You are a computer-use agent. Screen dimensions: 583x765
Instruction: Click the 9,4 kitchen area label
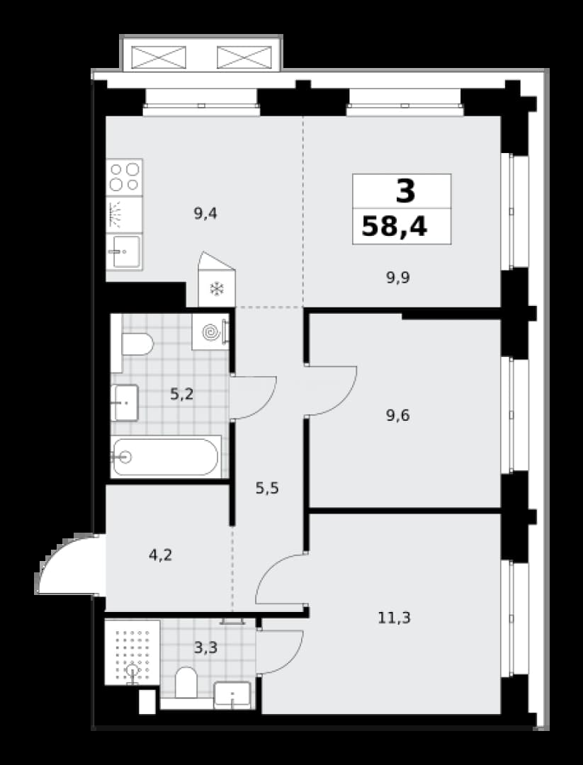click(x=205, y=214)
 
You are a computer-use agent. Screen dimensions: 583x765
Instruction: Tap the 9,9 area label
click(x=398, y=278)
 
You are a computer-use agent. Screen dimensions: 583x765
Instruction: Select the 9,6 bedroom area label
click(x=398, y=416)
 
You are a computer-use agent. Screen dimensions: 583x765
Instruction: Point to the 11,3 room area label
click(x=394, y=618)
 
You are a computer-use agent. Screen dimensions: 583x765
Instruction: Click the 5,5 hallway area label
click(x=267, y=487)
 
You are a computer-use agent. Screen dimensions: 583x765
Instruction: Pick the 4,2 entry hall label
click(x=161, y=555)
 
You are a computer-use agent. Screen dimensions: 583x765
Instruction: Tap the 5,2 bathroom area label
click(x=182, y=394)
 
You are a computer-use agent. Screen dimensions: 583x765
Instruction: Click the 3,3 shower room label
click(x=205, y=648)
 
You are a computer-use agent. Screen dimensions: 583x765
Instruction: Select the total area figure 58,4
click(x=394, y=227)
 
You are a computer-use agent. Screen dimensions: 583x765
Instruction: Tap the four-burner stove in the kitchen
click(x=125, y=177)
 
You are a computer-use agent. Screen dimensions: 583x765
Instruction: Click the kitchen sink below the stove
click(x=125, y=251)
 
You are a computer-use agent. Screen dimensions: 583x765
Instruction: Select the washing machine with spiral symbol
click(x=211, y=331)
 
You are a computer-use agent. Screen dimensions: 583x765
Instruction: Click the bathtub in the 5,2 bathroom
click(x=165, y=457)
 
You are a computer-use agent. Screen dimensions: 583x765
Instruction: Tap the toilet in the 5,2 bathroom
click(x=137, y=344)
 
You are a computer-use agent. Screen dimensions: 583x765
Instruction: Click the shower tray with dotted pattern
click(x=132, y=652)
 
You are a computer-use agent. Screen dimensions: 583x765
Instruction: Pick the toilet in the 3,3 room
click(x=186, y=683)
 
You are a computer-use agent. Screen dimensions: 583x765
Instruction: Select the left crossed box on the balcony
click(x=159, y=57)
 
